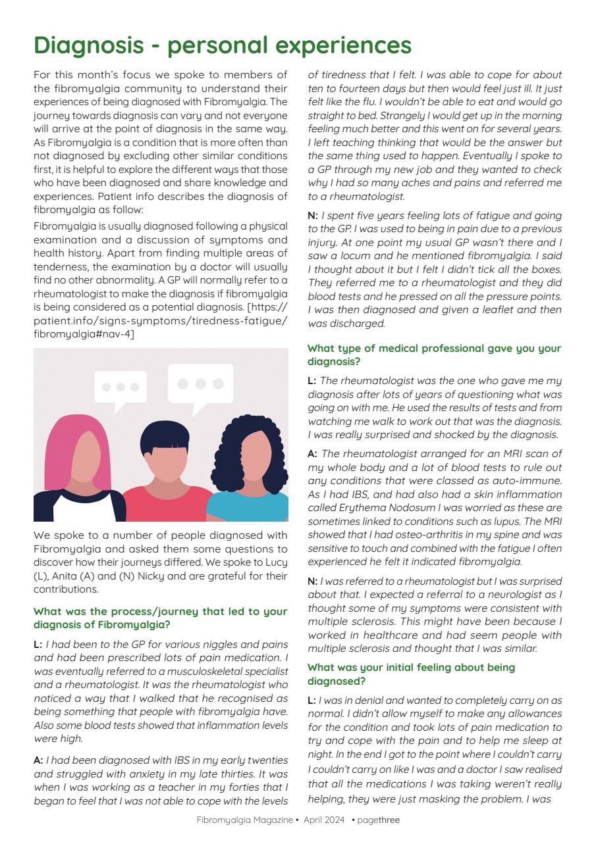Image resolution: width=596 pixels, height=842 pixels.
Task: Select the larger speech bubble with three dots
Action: click(x=200, y=384)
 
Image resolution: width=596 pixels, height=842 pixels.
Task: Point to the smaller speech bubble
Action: click(x=121, y=387)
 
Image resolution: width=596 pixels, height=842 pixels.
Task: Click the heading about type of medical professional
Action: click(x=434, y=355)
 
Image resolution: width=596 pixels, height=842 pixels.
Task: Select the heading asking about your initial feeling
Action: click(x=411, y=674)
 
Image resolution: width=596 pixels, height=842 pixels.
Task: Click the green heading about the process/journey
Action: click(x=160, y=618)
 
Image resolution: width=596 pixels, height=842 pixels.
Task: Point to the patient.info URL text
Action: click(x=160, y=320)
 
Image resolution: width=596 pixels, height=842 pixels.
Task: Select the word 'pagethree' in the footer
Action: click(x=379, y=820)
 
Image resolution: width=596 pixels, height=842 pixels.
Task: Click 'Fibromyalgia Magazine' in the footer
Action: click(x=244, y=820)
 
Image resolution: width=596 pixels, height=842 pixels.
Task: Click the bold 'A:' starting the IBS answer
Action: click(x=38, y=760)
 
